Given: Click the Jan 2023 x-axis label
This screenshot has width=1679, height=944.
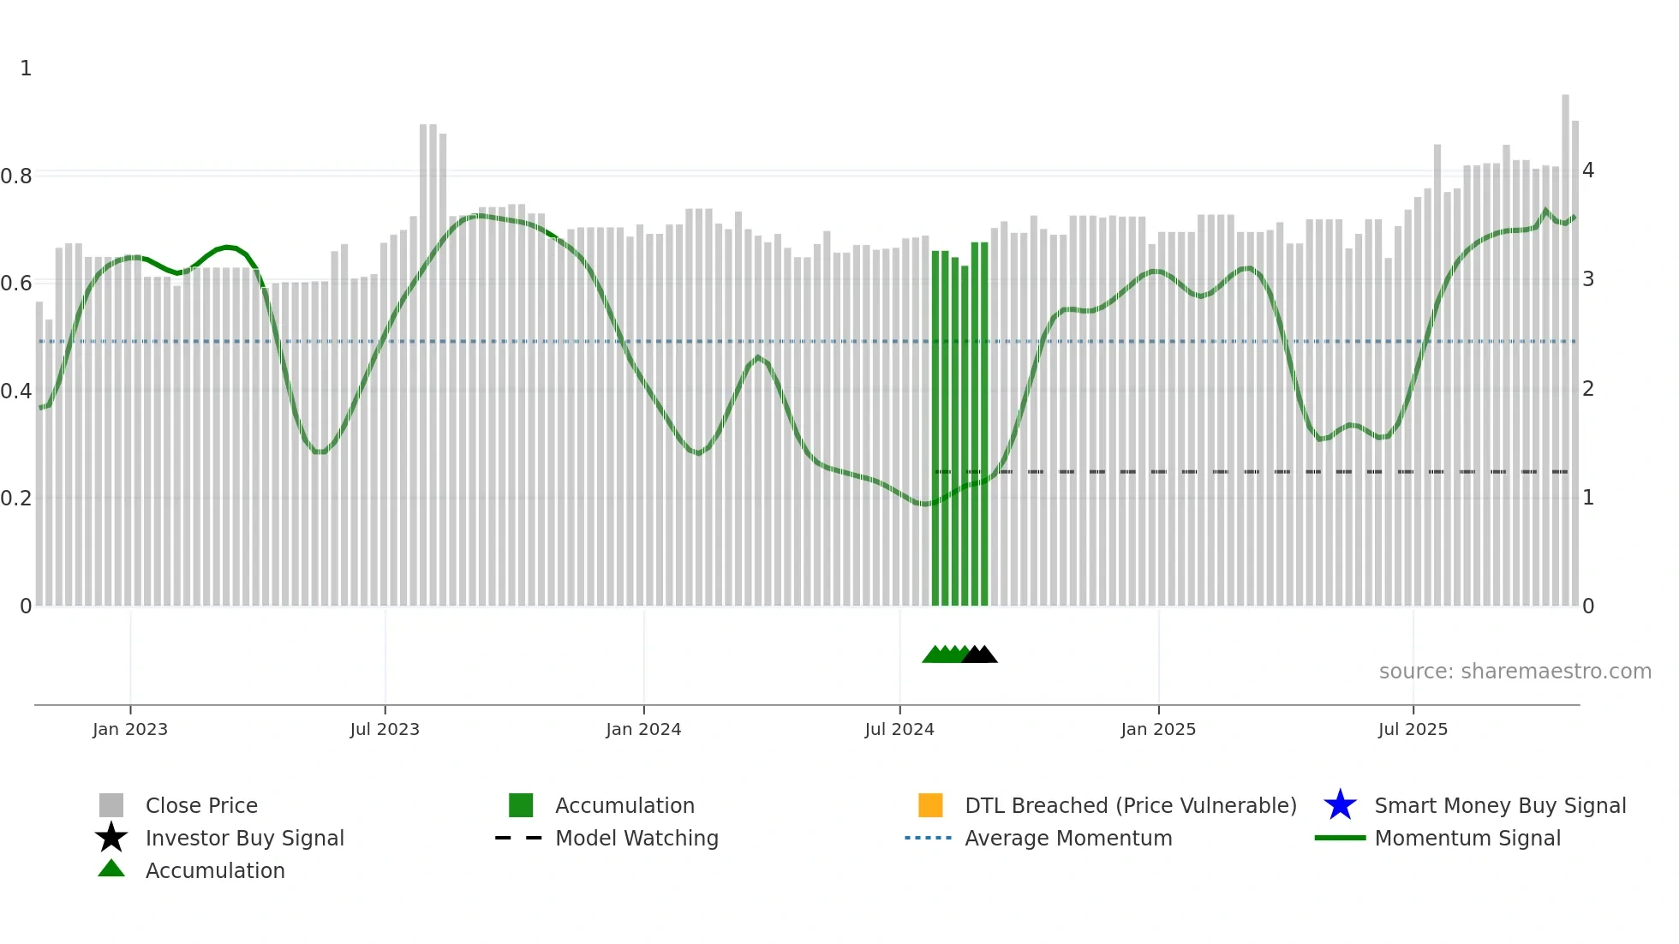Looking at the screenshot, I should [x=130, y=729].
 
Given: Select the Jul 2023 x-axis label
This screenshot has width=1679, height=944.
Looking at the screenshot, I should [x=385, y=729].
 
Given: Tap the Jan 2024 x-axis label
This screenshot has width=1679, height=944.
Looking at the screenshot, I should [x=643, y=729].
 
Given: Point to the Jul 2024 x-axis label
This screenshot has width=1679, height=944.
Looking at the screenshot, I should [x=899, y=729].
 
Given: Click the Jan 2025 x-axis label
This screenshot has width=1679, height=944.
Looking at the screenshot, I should [x=1158, y=729].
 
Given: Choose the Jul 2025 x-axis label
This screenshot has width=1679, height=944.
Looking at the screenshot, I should [x=1413, y=729].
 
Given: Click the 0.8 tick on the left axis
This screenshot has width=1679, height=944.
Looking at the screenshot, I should [x=16, y=176].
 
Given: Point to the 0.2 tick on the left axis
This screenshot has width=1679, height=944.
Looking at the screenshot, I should [x=16, y=499].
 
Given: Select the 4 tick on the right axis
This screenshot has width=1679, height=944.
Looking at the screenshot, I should [x=1588, y=170].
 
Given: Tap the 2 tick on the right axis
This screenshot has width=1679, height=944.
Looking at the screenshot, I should [x=1588, y=389].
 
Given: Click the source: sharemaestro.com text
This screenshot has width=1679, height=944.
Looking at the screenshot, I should [x=1515, y=672].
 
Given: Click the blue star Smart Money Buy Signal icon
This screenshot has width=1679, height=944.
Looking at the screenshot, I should [x=1340, y=805].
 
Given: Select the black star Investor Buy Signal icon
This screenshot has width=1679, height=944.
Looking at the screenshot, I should [x=111, y=838].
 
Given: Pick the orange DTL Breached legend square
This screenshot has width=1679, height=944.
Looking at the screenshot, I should [x=930, y=805].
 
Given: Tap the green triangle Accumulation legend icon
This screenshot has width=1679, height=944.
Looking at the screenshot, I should [x=111, y=869].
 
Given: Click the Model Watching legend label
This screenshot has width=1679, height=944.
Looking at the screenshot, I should [x=636, y=838].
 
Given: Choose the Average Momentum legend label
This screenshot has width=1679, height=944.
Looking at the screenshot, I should [x=1068, y=838].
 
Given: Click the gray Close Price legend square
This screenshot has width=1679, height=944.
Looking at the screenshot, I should [x=111, y=805].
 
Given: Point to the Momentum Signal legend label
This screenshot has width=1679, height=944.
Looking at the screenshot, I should [x=1467, y=838].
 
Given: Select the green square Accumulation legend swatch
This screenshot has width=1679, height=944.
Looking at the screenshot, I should [x=521, y=805].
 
